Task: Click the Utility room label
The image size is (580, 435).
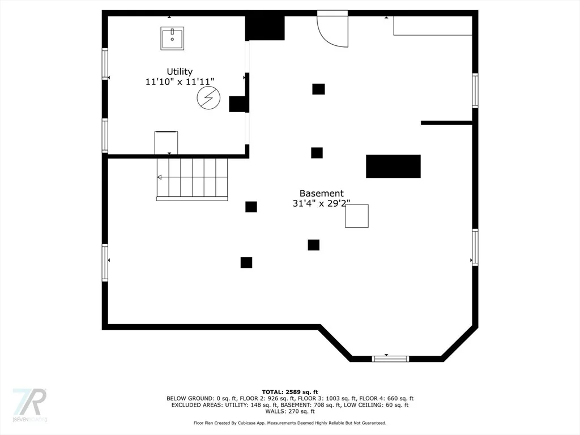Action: pyautogui.click(x=180, y=71)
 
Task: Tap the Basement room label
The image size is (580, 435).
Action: pyautogui.click(x=321, y=193)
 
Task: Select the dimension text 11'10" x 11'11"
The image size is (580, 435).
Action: pyautogui.click(x=180, y=82)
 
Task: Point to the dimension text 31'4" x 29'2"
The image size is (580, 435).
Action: pyautogui.click(x=321, y=203)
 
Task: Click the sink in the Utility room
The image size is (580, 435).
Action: pyautogui.click(x=172, y=38)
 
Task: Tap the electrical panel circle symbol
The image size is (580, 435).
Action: pyautogui.click(x=208, y=98)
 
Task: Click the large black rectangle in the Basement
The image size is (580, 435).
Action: pyautogui.click(x=393, y=166)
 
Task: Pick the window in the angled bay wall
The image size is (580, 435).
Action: pyautogui.click(x=390, y=359)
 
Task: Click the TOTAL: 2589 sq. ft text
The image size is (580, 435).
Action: pyautogui.click(x=290, y=392)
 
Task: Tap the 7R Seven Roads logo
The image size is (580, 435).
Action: pyautogui.click(x=29, y=404)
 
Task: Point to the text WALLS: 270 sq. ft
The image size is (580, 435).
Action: pyautogui.click(x=290, y=411)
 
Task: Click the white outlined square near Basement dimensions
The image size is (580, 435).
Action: pyautogui.click(x=357, y=216)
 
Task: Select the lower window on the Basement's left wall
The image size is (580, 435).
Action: pyautogui.click(x=105, y=263)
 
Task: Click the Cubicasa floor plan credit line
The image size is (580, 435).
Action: pyautogui.click(x=290, y=423)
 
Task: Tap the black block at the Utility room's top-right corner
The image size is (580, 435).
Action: pyautogui.click(x=265, y=28)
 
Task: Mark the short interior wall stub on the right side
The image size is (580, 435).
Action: pyautogui.click(x=446, y=123)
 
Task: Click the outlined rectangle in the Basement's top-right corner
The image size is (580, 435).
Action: pyautogui.click(x=433, y=25)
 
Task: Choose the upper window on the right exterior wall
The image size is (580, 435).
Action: pyautogui.click(x=475, y=91)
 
